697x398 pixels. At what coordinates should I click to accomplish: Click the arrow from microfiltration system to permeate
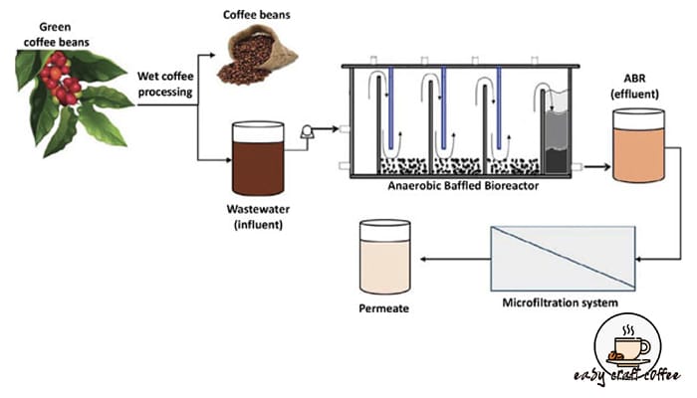453,259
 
